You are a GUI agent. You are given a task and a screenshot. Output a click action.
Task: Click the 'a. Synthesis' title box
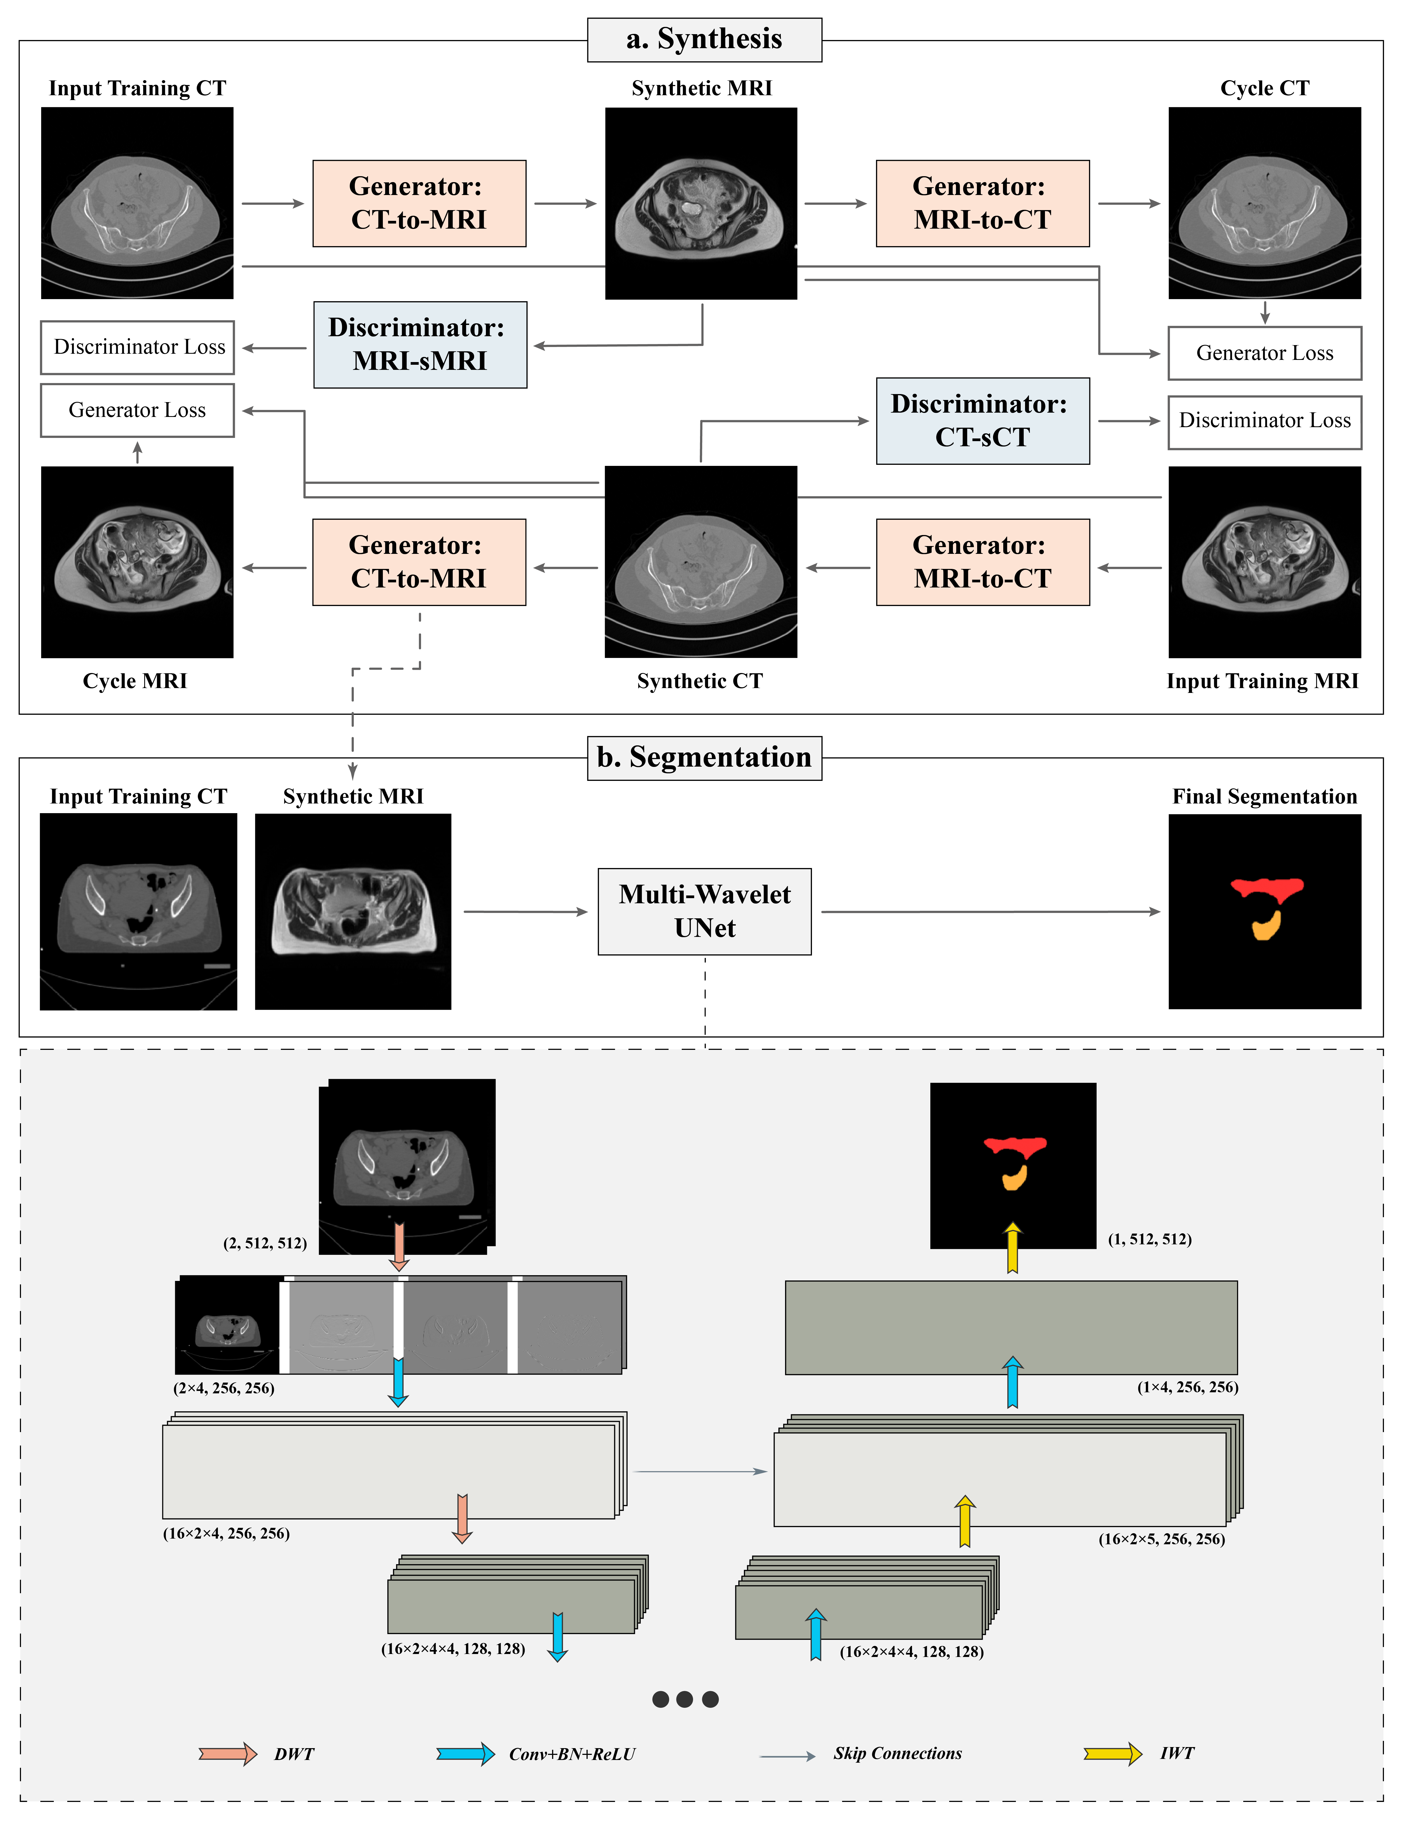(704, 39)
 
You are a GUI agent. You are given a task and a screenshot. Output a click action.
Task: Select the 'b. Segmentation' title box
(704, 757)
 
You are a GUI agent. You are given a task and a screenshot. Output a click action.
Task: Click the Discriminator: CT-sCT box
(983, 421)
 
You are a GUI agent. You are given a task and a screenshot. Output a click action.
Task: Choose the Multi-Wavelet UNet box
(704, 911)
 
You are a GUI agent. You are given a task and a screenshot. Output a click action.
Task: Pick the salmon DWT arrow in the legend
(227, 1754)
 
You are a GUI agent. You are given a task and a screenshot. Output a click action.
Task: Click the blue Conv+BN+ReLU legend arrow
(465, 1754)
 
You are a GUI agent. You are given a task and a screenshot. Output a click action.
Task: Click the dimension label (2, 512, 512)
(265, 1244)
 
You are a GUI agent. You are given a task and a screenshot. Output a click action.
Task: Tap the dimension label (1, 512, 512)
(1150, 1239)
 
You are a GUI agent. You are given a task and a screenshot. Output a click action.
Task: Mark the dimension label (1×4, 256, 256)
(1187, 1387)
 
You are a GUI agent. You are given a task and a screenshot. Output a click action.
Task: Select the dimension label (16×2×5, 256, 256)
(1161, 1539)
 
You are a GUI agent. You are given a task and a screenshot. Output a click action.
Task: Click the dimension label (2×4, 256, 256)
(224, 1388)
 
